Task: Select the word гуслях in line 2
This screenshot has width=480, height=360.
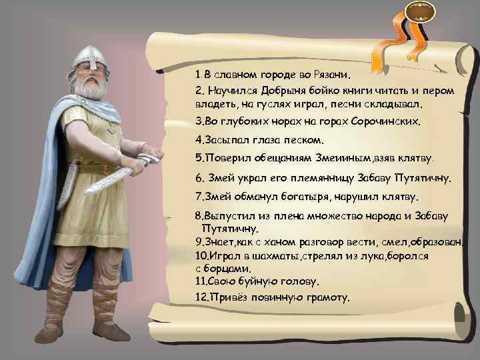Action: (287, 105)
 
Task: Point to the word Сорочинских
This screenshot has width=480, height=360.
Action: (393, 123)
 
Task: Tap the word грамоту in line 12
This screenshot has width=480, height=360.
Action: (325, 297)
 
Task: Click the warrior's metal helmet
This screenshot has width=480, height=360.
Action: (88, 57)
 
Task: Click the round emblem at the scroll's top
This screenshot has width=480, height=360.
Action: (420, 12)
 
